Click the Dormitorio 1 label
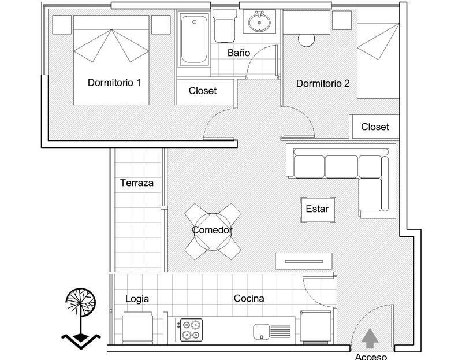click(114, 83)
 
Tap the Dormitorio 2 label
click(323, 83)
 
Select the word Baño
click(239, 53)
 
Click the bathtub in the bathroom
click(194, 39)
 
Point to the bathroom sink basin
click(259, 22)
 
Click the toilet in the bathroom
click(225, 27)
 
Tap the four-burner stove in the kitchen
click(189, 329)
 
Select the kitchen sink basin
click(261, 332)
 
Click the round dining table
click(213, 232)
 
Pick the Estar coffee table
click(318, 210)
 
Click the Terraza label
click(137, 183)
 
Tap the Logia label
click(137, 299)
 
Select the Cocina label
click(249, 298)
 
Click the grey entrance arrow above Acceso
click(370, 339)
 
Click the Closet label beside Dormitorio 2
click(375, 127)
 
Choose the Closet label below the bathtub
click(203, 91)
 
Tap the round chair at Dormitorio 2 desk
click(306, 40)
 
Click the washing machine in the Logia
click(137, 328)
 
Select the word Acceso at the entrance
click(371, 357)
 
